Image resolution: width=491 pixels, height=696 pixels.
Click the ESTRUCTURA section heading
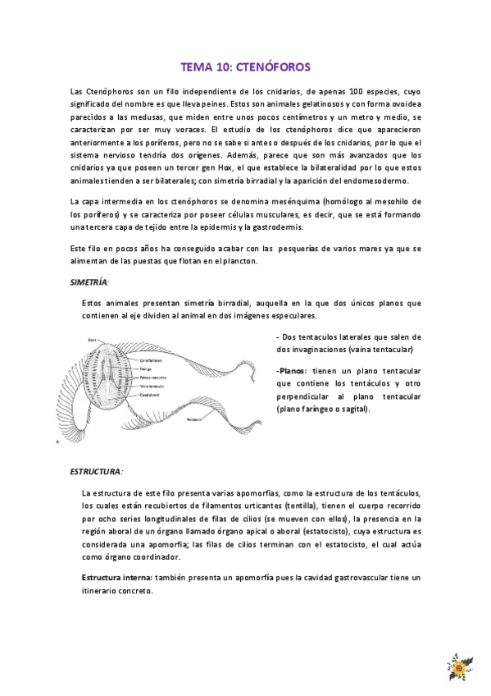point(95,472)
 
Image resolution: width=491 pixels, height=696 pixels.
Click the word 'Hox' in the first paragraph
point(307,167)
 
